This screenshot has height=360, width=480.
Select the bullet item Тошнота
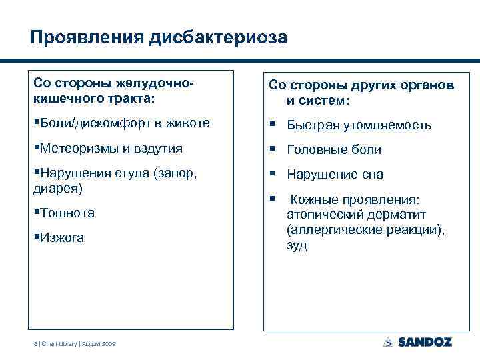[66, 213]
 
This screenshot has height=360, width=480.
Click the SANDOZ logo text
[425, 342]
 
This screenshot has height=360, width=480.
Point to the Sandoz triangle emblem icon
[388, 342]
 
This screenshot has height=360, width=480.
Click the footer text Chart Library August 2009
[74, 343]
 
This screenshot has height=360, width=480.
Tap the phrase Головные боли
[334, 150]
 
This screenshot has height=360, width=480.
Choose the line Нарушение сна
[335, 175]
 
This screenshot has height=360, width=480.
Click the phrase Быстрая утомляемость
[359, 125]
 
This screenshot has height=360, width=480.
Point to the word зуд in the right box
[297, 245]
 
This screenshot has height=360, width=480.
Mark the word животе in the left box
[189, 123]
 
